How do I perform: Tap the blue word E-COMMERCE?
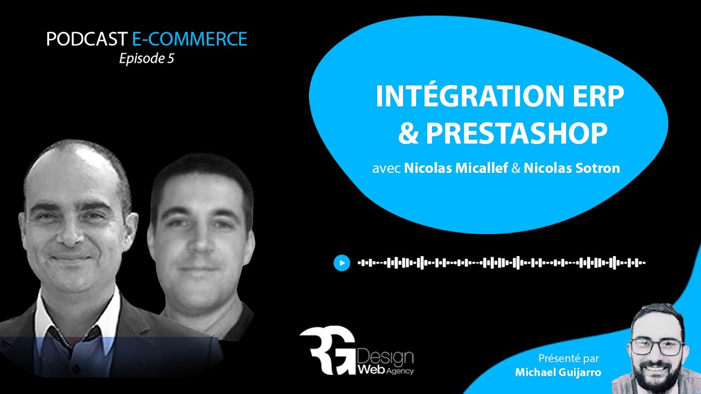(189, 39)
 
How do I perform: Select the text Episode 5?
(146, 59)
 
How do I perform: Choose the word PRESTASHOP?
(516, 133)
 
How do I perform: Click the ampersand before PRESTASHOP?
(407, 133)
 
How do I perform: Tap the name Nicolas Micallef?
(456, 168)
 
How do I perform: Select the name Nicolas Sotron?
(572, 168)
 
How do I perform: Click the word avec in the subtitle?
(387, 169)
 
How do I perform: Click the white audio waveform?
(502, 263)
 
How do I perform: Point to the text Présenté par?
(568, 359)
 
